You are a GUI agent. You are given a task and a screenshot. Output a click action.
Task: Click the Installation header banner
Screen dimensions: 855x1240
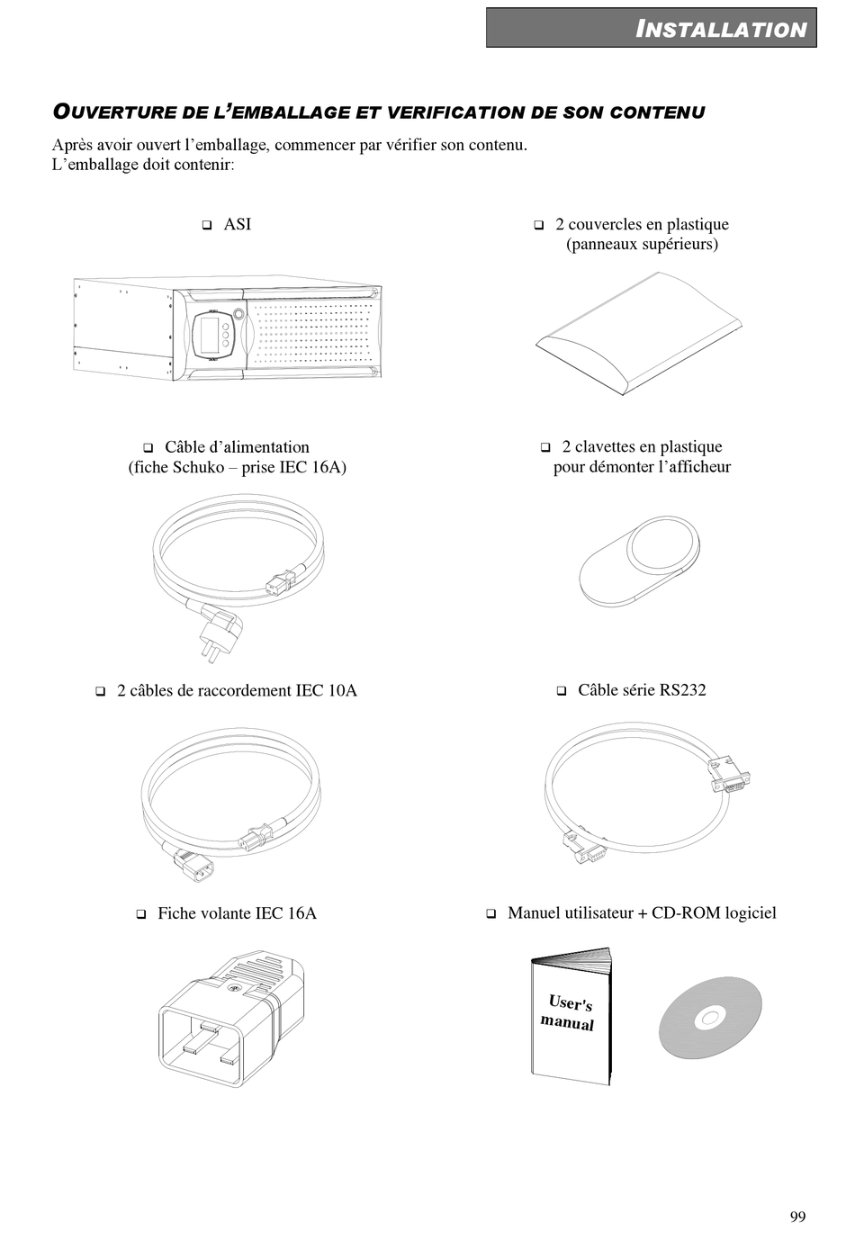coord(652,28)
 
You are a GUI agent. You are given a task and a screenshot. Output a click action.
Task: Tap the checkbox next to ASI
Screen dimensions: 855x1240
coord(207,224)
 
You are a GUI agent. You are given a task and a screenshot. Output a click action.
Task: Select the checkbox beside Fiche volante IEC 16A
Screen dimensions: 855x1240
coord(141,914)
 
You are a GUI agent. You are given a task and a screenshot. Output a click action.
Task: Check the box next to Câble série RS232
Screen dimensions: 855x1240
coord(561,691)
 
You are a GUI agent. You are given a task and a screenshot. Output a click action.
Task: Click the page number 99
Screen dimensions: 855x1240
coord(797,1217)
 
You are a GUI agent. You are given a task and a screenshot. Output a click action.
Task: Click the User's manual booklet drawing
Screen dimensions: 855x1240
coord(570,1014)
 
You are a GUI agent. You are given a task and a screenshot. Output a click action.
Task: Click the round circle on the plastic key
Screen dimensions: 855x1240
coord(662,544)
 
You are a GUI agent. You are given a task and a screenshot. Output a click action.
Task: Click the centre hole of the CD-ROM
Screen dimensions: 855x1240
coord(709,1019)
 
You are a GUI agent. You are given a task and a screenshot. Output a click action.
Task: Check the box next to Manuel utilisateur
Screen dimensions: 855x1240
coord(491,914)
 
